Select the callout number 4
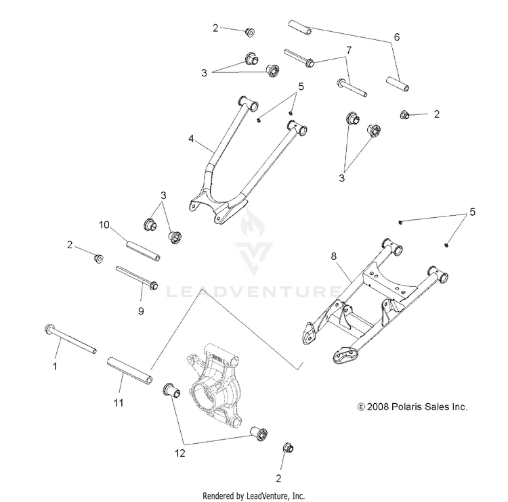(x=191, y=140)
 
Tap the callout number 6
(x=397, y=37)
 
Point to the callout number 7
(x=348, y=51)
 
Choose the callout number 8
(x=333, y=256)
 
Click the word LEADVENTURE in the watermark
(x=253, y=292)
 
